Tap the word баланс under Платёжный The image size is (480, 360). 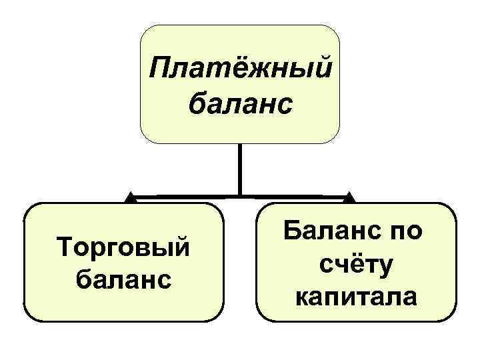(240, 103)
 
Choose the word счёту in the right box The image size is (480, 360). (356, 265)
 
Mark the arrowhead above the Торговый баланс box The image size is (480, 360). (132, 197)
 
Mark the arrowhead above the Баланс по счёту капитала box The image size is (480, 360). (349, 197)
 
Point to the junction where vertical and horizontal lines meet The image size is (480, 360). (240, 196)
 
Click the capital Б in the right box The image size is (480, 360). (293, 232)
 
